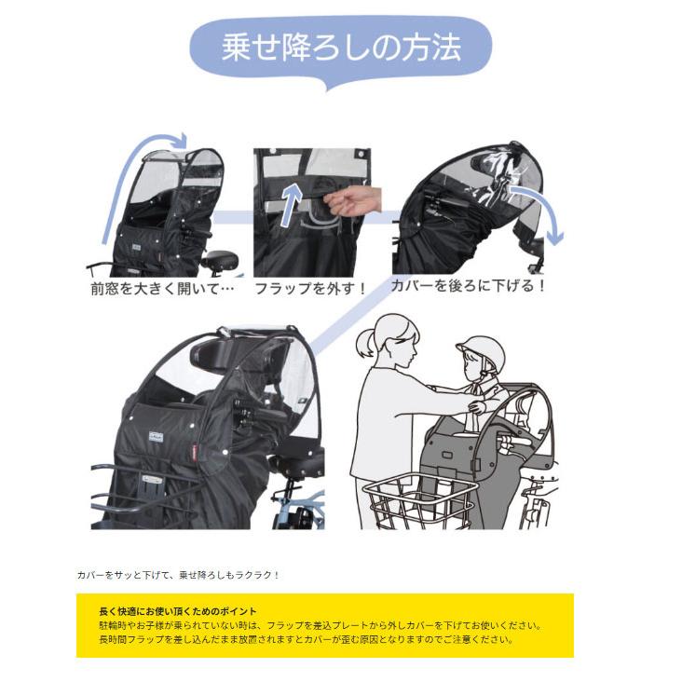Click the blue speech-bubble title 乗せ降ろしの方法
point(340,48)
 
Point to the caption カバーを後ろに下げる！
point(468,285)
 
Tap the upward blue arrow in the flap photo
point(294,200)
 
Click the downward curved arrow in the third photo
point(546,210)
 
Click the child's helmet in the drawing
point(480,354)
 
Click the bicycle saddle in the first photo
point(220,259)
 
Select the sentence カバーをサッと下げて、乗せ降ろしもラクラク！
point(178,575)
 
